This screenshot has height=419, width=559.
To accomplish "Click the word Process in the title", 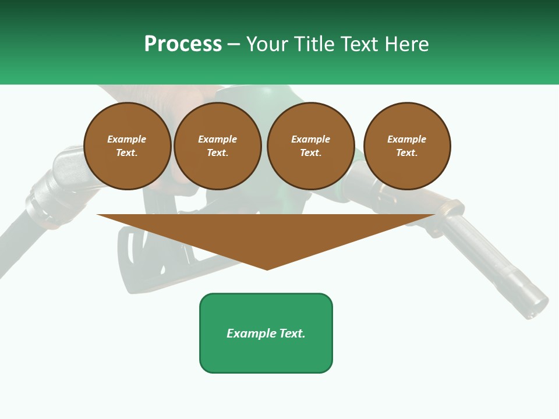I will [183, 44].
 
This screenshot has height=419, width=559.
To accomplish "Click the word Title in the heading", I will [313, 44].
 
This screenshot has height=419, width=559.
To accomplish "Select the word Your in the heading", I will [268, 44].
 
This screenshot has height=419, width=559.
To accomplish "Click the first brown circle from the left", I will [127, 146].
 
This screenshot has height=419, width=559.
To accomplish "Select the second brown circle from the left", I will [218, 146].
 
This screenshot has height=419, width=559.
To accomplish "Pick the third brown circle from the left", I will [310, 146].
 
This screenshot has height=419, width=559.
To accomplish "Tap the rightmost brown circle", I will [407, 146].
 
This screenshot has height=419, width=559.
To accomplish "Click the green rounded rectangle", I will [266, 355].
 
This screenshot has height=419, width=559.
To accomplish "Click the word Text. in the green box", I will [292, 333].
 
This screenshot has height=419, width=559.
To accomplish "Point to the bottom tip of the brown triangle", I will [267, 268].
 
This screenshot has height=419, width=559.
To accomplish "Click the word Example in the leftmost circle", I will [127, 140].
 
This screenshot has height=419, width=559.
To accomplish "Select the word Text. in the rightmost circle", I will [407, 153].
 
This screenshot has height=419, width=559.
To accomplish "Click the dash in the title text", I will [234, 44].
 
